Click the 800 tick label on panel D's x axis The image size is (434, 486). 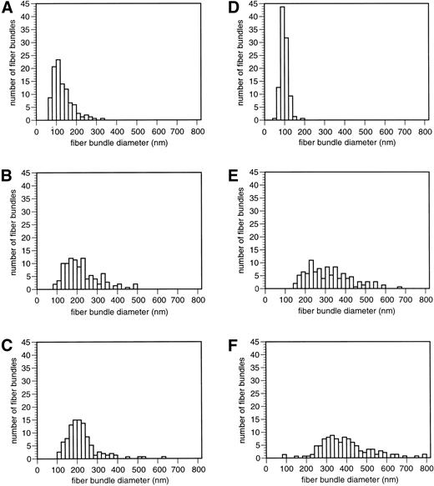pyautogui.click(x=424, y=131)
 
